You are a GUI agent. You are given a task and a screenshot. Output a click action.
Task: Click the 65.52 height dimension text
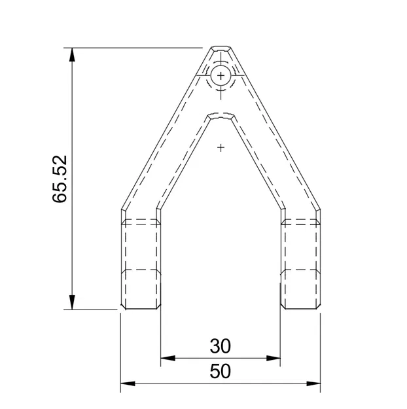point(60,179)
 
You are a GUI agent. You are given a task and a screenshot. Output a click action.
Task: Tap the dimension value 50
point(221,371)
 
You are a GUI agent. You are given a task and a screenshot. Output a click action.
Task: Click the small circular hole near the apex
point(221,76)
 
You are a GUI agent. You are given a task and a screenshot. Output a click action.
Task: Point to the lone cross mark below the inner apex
point(221,148)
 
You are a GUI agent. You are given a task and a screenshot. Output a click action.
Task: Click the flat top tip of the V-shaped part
point(221,48)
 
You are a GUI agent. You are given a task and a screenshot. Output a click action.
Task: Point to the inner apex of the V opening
point(221,115)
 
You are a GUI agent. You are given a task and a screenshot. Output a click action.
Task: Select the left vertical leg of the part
point(140,262)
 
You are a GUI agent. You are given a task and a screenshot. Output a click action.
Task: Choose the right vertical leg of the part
point(301,262)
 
